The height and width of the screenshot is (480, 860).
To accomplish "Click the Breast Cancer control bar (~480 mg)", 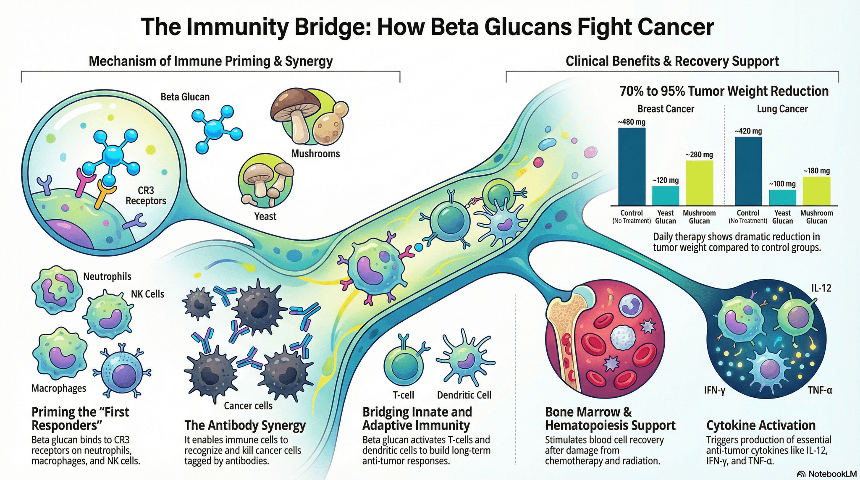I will (632, 166).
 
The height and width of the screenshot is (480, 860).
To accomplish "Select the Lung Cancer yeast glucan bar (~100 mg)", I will (782, 197).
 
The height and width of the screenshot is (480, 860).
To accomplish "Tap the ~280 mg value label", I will (699, 155).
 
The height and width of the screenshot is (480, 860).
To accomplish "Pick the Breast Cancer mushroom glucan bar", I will (699, 183).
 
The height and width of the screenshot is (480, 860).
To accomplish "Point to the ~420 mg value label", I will (748, 131).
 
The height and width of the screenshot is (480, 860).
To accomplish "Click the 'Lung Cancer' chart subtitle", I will (782, 109).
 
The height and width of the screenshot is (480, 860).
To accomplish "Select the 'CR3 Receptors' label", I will (146, 196).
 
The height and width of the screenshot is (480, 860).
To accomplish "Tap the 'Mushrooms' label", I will (315, 154).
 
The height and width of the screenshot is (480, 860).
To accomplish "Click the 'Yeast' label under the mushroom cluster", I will (265, 216).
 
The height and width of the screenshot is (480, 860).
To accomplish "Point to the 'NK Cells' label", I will (147, 294).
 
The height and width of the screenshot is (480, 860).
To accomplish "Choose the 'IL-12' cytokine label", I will (821, 288).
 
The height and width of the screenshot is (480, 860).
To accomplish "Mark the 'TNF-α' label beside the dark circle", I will (820, 391).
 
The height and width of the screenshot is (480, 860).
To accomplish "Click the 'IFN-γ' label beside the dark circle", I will (715, 391).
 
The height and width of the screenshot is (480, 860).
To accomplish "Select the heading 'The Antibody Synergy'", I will (245, 425).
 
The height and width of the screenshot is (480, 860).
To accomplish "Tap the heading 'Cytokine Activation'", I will (760, 425).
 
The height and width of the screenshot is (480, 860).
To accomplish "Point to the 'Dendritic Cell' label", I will (464, 395).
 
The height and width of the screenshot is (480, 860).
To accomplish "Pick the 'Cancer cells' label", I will (248, 406).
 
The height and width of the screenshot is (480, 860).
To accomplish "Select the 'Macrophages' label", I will (59, 388).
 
